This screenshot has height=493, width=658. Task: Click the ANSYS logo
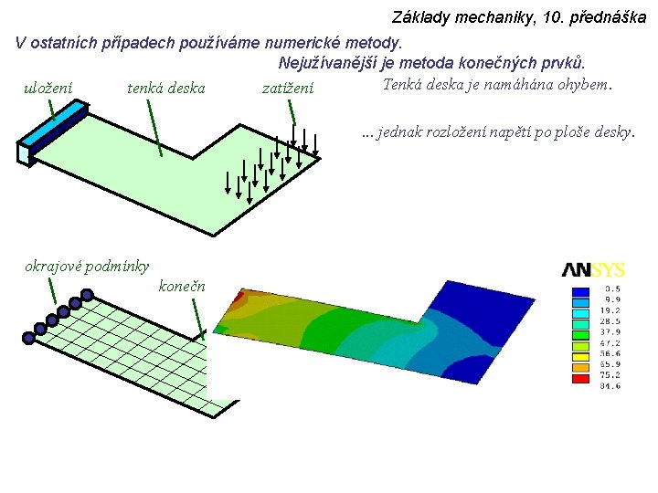click(x=593, y=270)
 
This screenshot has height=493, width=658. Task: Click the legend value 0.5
click(x=611, y=289)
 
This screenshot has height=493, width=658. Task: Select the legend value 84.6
click(x=610, y=386)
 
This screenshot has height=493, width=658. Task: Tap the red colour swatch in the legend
click(x=580, y=378)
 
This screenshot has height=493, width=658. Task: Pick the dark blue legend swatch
click(x=580, y=291)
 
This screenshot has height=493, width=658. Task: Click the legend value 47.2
click(x=610, y=343)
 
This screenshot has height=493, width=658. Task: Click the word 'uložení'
click(x=48, y=89)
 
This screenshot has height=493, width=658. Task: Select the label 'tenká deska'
click(x=165, y=89)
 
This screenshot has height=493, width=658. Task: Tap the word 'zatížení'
click(x=287, y=89)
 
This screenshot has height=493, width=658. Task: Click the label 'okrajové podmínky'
click(x=87, y=267)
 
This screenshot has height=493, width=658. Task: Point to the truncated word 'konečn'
click(x=182, y=287)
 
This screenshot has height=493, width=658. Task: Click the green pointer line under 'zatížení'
click(x=292, y=111)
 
